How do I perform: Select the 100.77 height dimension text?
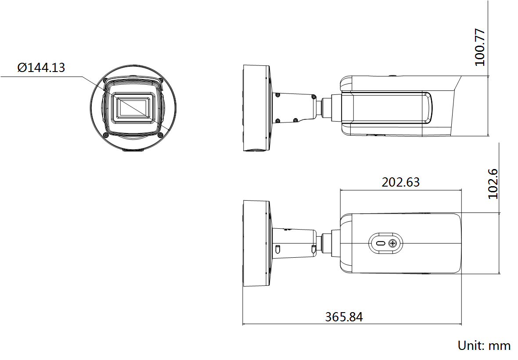pos(480,47)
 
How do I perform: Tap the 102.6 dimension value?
pos(493,184)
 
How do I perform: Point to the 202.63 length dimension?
pos(400,182)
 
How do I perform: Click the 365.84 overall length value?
pos(344,317)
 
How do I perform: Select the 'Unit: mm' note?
pos(484,346)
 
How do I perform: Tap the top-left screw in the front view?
pos(105,80)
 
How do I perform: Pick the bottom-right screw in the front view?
pos(161,135)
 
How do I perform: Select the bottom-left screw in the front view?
pos(106,135)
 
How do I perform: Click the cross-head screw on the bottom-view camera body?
pos(393,243)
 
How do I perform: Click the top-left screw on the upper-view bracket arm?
pos(277,94)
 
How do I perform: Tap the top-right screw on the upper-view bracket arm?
pos(313,95)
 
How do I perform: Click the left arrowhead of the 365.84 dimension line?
pos(245,325)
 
